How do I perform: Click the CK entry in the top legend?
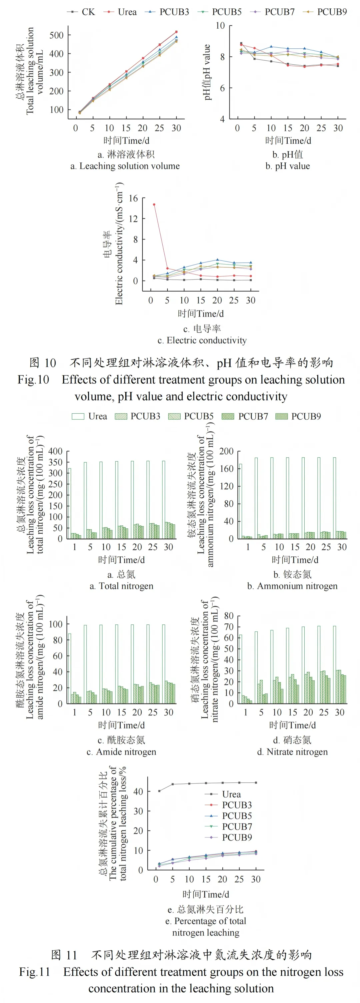pyautogui.click(x=88, y=12)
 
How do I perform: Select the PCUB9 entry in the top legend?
pyautogui.click(x=331, y=12)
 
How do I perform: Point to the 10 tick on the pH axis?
pyautogui.click(x=220, y=26)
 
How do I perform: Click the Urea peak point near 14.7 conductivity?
pyautogui.click(x=154, y=204)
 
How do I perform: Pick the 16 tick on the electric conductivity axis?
pyautogui.click(x=133, y=198)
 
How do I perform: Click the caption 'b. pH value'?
pyautogui.click(x=288, y=166)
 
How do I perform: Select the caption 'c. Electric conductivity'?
pyautogui.click(x=202, y=341)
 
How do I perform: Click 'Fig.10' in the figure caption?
pyautogui.click(x=33, y=380)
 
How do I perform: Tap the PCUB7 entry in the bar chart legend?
pyautogui.click(x=253, y=417)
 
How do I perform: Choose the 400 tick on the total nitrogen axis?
pyautogui.click(x=55, y=451)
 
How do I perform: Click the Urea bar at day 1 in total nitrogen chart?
pyautogui.click(x=70, y=503)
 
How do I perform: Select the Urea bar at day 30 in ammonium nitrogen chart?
pyautogui.click(x=334, y=498)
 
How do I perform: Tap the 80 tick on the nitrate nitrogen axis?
pyautogui.click(x=229, y=616)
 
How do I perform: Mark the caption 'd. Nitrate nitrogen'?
pyautogui.click(x=292, y=752)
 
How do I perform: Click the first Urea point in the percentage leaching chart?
pyautogui.click(x=159, y=791)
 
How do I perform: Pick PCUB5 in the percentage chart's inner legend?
pyautogui.click(x=237, y=816)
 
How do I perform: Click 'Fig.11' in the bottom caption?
pyautogui.click(x=35, y=972)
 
